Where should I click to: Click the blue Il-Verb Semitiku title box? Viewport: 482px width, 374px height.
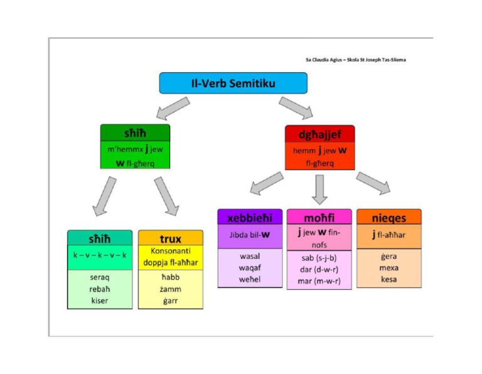pyautogui.click(x=233, y=83)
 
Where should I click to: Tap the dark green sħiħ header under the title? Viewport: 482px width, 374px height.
pyautogui.click(x=135, y=132)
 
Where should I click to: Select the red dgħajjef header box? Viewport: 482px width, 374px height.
pyautogui.click(x=319, y=134)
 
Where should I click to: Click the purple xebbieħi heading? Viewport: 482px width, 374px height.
pyautogui.click(x=250, y=217)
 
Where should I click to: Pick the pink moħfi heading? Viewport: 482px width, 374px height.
pyautogui.click(x=319, y=217)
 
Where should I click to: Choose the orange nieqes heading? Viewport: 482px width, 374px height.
pyautogui.click(x=388, y=217)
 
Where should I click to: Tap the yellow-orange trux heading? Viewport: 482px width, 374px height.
pyautogui.click(x=171, y=238)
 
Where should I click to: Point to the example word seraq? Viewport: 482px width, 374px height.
pyautogui.click(x=99, y=279)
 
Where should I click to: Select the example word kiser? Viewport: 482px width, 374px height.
pyautogui.click(x=99, y=301)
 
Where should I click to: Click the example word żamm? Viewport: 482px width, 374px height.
pyautogui.click(x=170, y=289)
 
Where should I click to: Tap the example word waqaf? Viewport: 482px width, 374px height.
pyautogui.click(x=250, y=267)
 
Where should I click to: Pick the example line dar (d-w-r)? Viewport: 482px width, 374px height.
pyautogui.click(x=319, y=270)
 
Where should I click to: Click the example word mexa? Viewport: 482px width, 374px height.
pyautogui.click(x=388, y=267)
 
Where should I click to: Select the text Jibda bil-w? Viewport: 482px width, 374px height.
pyautogui.click(x=249, y=235)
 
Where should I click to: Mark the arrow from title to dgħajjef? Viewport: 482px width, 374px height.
pyautogui.click(x=296, y=107)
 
